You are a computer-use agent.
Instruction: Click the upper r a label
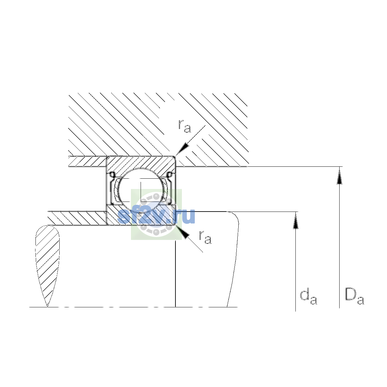(x=184, y=126)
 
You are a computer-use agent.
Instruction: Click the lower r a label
(x=205, y=237)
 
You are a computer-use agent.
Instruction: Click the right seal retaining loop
(x=169, y=175)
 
